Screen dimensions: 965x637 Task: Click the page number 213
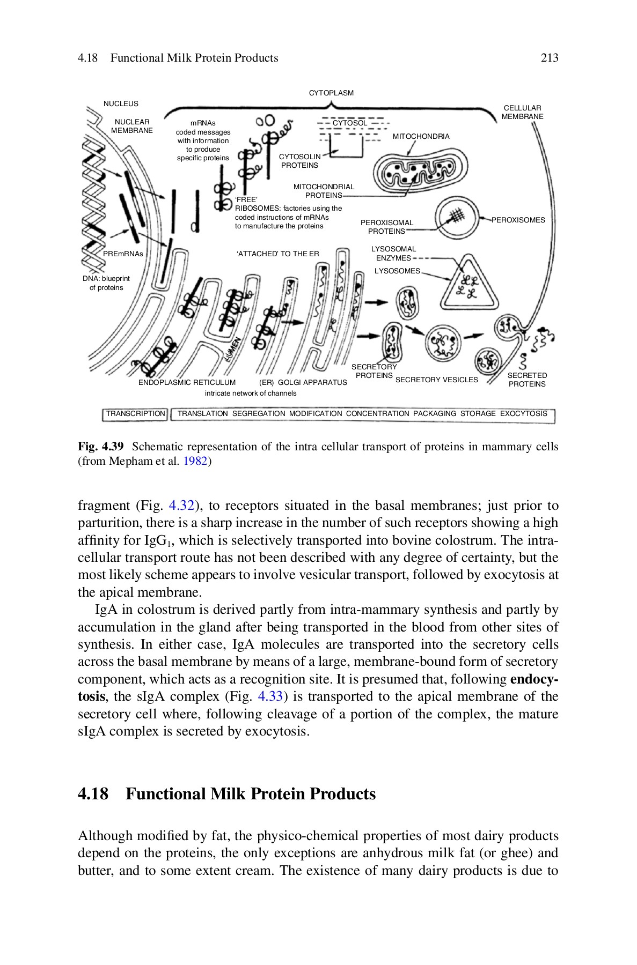coord(550,58)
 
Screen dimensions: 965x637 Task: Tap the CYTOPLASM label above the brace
coord(331,93)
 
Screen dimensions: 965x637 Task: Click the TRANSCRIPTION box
coord(135,413)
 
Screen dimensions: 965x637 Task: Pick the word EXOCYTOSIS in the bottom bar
coord(523,413)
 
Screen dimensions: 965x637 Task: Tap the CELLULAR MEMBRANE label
coord(522,112)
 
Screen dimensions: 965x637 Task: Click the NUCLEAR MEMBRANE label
coord(132,126)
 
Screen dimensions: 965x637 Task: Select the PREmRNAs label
coord(123,254)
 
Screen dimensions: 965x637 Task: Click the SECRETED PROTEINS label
coord(527,380)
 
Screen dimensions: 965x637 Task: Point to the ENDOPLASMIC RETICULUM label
coord(187,382)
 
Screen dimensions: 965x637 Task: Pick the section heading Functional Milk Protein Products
coord(250,793)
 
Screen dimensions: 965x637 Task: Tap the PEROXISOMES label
coord(518,220)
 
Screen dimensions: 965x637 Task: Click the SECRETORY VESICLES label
coord(436,380)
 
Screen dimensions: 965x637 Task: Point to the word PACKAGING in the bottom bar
coord(434,413)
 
